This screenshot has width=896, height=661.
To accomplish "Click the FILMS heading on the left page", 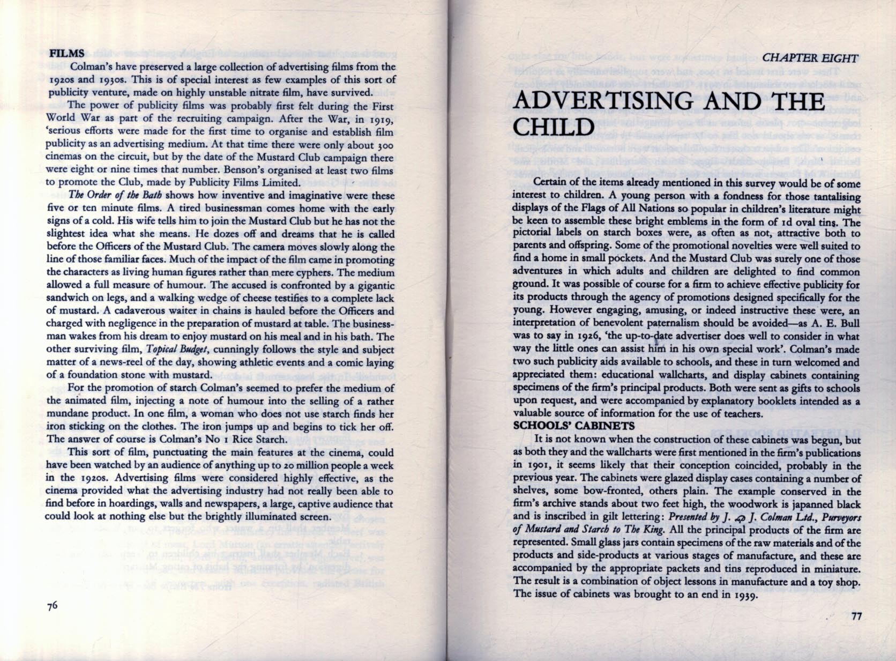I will click(x=66, y=54).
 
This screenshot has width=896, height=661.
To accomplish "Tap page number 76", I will click(x=52, y=606).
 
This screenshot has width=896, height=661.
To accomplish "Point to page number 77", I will click(x=856, y=616).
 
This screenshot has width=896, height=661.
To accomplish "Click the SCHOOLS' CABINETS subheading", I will click(x=574, y=426).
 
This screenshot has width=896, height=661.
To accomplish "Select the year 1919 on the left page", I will click(x=382, y=118).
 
